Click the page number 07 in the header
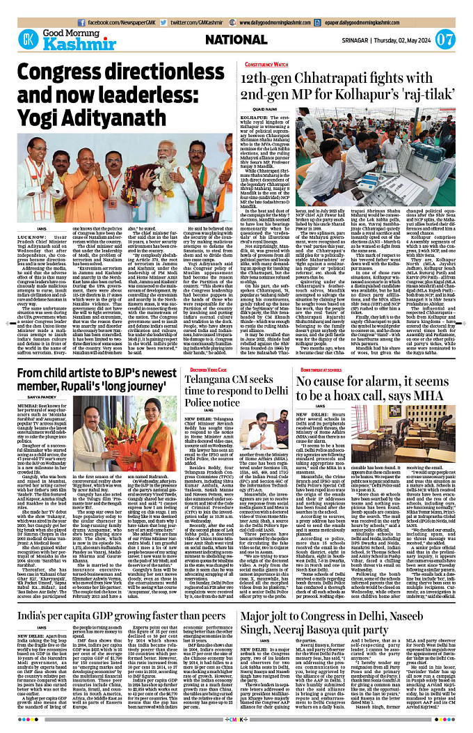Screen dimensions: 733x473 coord(444,40)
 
